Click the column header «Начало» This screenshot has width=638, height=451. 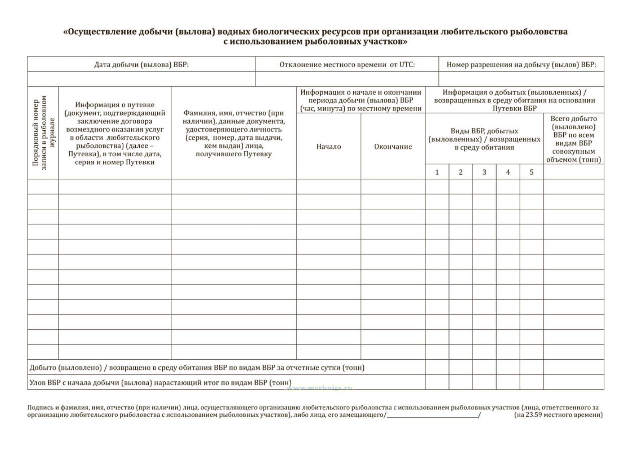(x=328, y=147)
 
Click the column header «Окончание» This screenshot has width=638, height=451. (x=393, y=147)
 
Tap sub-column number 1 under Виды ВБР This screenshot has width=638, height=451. (x=437, y=172)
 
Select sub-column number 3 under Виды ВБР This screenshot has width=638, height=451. (x=484, y=172)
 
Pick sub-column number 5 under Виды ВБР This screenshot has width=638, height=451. (x=532, y=172)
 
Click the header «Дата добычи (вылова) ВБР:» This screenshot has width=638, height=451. (x=141, y=65)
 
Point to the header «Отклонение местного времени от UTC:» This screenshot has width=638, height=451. (x=347, y=65)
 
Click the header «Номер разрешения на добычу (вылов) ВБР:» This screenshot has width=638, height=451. (x=521, y=65)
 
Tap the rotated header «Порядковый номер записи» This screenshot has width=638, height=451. (x=43, y=133)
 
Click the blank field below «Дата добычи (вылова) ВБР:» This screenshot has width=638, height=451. (x=141, y=79)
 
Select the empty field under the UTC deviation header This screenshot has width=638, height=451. (x=347, y=79)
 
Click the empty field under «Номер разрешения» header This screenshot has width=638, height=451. (x=521, y=79)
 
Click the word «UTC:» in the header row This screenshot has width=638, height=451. (x=407, y=65)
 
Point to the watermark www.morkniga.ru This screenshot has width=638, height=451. (x=320, y=388)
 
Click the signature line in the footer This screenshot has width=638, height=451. (x=432, y=417)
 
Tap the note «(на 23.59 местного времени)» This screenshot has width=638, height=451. (x=558, y=415)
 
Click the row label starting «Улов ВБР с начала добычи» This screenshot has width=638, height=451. (x=161, y=382)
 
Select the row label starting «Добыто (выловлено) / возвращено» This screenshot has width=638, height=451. (x=197, y=368)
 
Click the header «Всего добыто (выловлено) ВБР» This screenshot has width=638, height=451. (x=573, y=139)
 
